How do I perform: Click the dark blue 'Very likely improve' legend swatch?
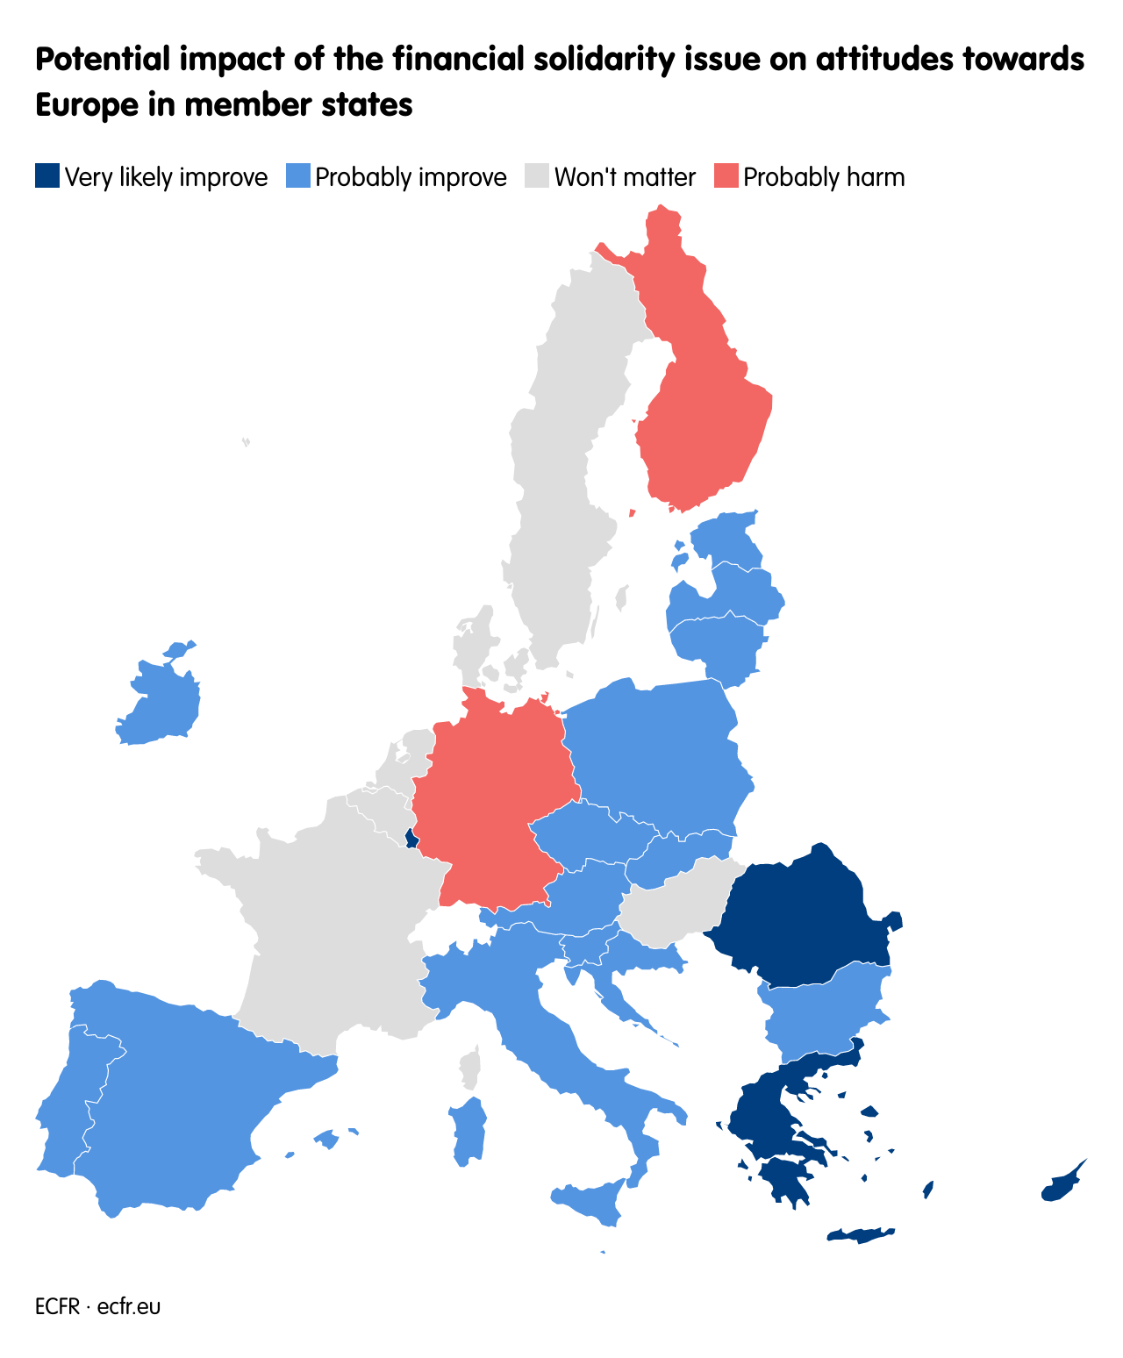[47, 176]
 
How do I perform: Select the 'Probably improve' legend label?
[411, 177]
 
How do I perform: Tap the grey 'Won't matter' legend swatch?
[537, 176]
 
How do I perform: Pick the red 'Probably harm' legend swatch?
[726, 176]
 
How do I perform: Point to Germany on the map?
[491, 798]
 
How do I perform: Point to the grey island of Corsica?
[471, 1069]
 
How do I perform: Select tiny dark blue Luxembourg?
[411, 839]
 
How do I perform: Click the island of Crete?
[860, 1235]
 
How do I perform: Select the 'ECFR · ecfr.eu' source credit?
[97, 1306]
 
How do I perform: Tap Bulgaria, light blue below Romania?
[825, 1009]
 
